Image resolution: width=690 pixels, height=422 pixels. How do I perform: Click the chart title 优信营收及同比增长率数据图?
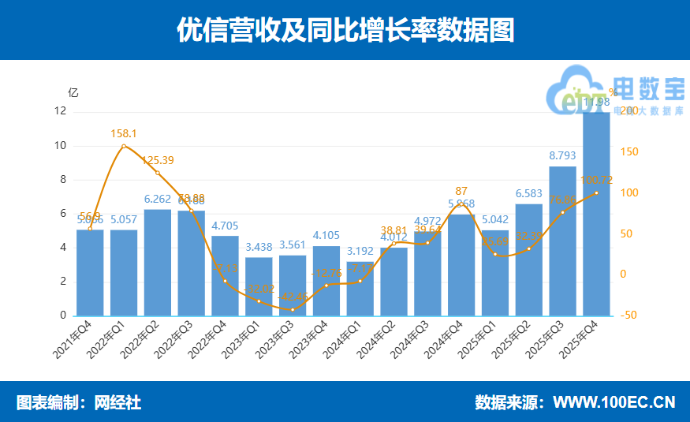(345, 31)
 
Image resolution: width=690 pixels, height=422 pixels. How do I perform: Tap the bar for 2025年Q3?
(562, 241)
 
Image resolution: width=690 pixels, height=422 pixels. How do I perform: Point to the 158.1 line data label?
(124, 134)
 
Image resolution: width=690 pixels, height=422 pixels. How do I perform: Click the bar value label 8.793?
(562, 155)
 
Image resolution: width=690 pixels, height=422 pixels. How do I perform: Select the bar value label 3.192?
(360, 251)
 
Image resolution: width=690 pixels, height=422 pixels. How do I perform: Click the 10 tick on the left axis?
(61, 146)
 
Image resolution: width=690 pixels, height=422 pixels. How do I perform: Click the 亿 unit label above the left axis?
(73, 92)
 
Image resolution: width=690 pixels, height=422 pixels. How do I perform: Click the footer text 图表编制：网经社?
(79, 403)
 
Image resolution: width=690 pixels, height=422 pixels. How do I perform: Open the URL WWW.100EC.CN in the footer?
(614, 403)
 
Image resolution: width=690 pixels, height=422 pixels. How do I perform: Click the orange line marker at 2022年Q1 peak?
(124, 147)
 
